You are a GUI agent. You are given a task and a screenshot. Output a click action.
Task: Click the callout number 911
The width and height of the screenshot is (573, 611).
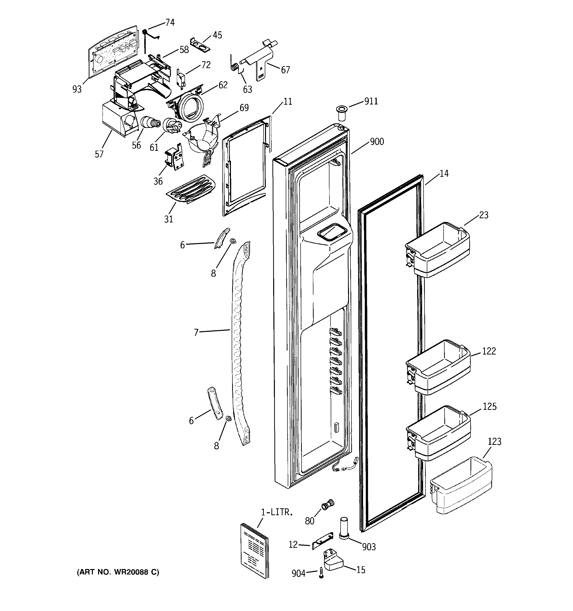(371, 101)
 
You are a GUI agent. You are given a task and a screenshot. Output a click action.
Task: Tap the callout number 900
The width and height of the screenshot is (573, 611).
(377, 142)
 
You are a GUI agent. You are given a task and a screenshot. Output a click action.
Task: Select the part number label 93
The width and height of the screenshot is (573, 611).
(77, 89)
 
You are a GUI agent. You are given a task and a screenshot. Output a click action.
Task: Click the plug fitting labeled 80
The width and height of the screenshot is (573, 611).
(327, 504)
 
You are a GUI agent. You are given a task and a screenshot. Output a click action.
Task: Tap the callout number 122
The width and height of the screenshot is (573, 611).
(489, 351)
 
